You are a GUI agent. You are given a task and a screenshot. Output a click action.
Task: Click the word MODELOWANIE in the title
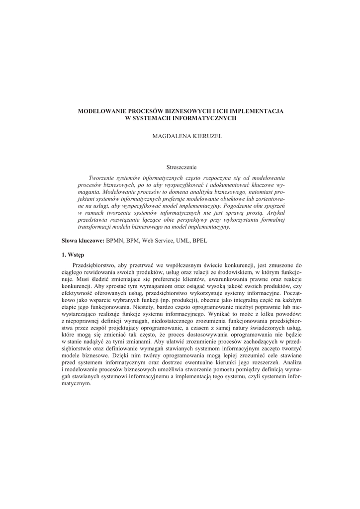[x=100, y=112]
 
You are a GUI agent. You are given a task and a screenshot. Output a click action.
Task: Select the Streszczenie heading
[x=181, y=168]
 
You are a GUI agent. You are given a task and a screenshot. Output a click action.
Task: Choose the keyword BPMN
[x=116, y=241]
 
